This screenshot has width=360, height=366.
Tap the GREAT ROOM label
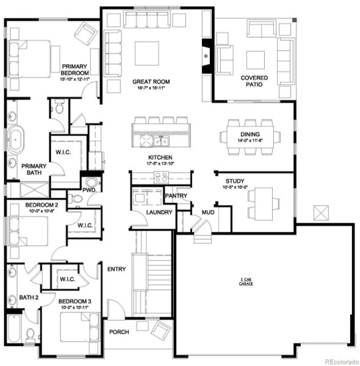(151, 81)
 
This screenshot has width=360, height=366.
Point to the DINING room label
(250, 134)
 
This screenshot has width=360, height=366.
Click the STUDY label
(235, 181)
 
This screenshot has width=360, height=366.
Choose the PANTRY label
(175, 196)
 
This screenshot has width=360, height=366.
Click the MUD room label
(207, 212)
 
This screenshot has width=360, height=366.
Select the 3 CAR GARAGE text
(248, 281)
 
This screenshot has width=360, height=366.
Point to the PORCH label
(119, 332)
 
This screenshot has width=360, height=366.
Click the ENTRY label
(117, 269)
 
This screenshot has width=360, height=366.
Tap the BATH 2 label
(28, 297)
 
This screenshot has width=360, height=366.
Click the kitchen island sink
(161, 142)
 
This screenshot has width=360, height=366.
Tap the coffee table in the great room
(146, 53)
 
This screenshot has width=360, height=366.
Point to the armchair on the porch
(160, 330)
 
